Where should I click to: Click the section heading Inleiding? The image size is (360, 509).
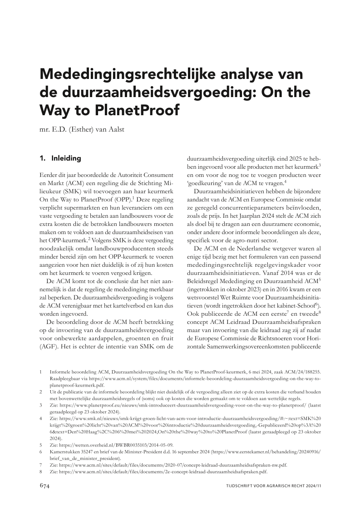pyautogui.click(x=66, y=159)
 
